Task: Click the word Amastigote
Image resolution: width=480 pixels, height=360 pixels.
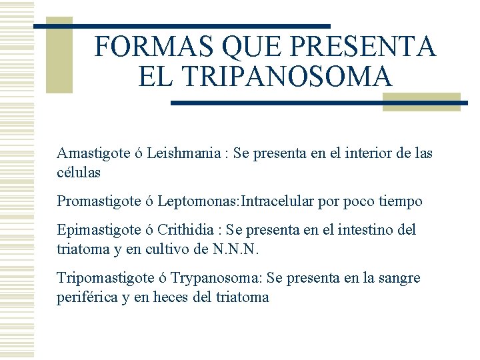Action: click(x=93, y=153)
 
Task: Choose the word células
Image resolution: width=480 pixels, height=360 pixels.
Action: click(x=79, y=172)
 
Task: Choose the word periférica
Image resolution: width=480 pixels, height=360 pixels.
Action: click(x=87, y=297)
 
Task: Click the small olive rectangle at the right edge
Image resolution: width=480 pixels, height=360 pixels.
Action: click(x=421, y=101)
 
